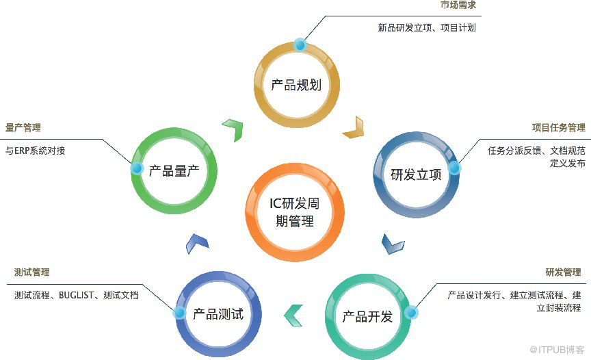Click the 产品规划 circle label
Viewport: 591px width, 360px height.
(x=296, y=85)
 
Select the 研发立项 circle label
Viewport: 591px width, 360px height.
(x=416, y=175)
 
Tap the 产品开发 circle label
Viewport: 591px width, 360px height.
(x=367, y=317)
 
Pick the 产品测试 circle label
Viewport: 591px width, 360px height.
(x=218, y=314)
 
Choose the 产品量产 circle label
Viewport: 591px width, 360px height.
(x=174, y=170)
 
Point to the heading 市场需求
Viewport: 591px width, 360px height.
(x=458, y=5)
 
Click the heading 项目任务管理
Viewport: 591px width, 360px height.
(x=558, y=128)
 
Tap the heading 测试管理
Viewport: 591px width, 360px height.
(x=31, y=272)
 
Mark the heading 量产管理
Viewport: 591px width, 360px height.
(x=23, y=128)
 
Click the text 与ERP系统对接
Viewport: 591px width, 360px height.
(x=36, y=151)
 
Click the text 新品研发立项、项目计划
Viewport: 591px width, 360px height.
(x=427, y=28)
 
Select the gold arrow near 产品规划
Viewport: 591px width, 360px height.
(x=353, y=128)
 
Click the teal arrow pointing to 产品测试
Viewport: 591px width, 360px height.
(x=293, y=314)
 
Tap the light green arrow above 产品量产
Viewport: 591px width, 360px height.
(x=233, y=129)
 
